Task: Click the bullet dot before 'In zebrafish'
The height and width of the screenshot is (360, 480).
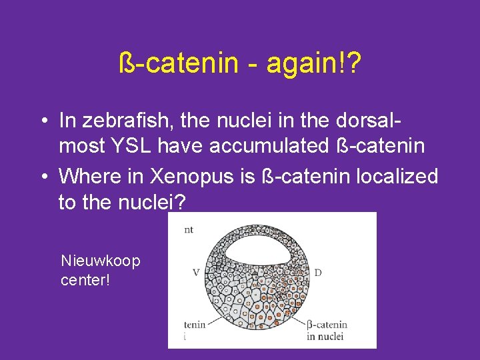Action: pos(42,122)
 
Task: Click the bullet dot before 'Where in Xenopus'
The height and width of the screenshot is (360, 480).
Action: pos(42,177)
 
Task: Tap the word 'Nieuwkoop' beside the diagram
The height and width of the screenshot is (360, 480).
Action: pos(101,261)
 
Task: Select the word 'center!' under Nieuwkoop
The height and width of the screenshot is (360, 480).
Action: pos(85,279)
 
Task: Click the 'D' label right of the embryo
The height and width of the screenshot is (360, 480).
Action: pos(317,272)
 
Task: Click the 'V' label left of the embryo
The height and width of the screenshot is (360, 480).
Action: pos(196,272)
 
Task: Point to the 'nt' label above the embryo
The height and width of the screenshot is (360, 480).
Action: pos(188,229)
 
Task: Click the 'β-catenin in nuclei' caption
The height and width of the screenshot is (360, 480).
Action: pos(327,330)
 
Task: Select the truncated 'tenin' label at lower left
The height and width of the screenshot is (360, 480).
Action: pos(194,325)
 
